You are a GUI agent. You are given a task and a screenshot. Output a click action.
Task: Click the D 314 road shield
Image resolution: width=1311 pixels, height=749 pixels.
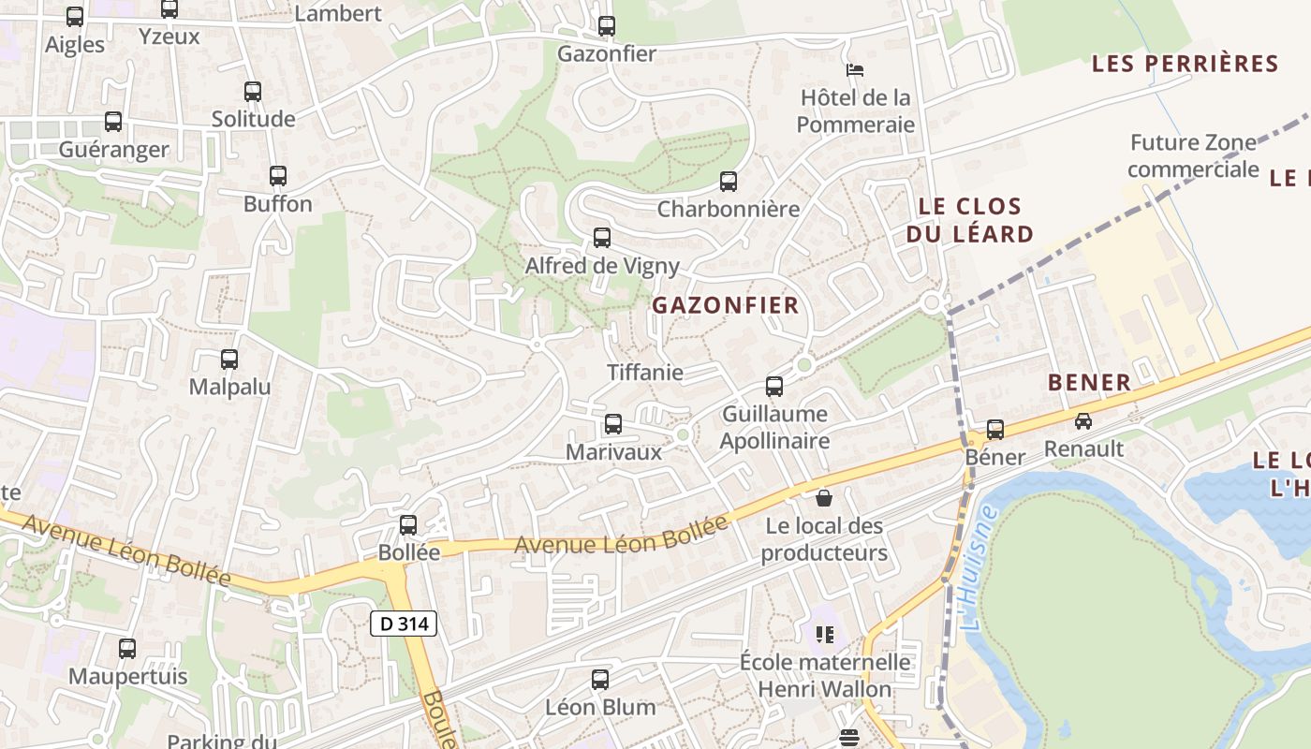[x=404, y=623]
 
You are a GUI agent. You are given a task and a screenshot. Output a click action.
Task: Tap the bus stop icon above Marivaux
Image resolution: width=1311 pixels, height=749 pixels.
[x=613, y=424]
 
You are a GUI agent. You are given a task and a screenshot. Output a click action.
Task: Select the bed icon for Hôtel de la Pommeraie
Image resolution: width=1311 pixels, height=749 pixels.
[x=854, y=69]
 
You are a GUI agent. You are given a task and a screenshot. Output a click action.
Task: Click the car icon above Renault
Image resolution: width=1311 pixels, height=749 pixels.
[x=1083, y=421]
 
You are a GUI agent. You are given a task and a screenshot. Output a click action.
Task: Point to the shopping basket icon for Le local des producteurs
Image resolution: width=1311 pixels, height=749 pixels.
[x=824, y=497]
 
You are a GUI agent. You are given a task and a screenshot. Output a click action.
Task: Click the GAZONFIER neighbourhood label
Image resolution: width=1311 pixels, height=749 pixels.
[x=726, y=305]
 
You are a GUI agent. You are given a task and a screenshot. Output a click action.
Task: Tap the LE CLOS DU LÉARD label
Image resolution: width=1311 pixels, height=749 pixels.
[x=969, y=220]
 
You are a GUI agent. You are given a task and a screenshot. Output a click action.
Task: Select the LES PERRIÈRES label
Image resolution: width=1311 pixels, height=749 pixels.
[x=1185, y=64]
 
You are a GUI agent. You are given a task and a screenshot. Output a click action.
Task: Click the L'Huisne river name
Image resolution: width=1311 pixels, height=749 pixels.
[x=979, y=567]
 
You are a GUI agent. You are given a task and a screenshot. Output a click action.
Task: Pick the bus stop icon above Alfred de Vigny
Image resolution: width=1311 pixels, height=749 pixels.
[x=602, y=238]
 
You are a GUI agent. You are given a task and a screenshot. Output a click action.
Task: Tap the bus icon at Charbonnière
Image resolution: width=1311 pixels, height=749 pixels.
[x=729, y=182]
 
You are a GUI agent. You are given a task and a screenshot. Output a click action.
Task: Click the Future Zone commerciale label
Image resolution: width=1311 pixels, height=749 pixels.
[x=1192, y=156]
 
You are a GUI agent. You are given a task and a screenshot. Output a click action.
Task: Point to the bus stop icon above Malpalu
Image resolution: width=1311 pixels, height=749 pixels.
[x=229, y=359]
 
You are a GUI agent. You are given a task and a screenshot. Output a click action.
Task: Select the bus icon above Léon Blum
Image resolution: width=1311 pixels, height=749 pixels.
[x=600, y=680]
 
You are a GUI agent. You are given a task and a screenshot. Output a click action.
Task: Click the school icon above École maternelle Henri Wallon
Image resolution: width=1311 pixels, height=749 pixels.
[x=824, y=635]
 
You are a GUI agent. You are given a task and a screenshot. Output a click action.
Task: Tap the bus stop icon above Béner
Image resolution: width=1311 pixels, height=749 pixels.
[x=995, y=430]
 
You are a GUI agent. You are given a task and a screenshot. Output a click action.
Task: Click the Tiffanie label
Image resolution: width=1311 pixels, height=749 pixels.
[x=645, y=372]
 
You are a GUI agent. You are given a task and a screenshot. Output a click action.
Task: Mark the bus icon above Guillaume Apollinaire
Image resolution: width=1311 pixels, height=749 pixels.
[x=774, y=386]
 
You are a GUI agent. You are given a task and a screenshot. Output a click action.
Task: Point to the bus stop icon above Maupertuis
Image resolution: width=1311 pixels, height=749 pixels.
[x=127, y=648]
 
